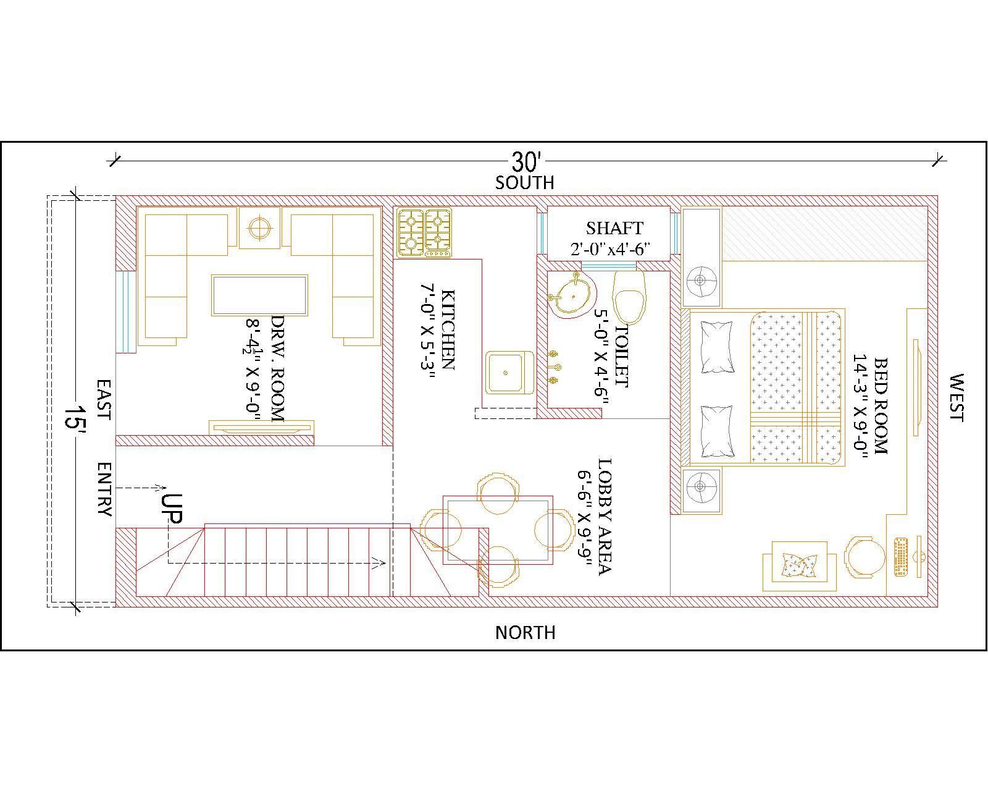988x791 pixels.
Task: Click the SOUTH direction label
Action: [524, 183]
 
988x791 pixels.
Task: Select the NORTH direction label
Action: [525, 633]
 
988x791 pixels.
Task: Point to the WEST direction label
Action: [957, 397]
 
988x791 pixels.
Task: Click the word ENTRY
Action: [105, 489]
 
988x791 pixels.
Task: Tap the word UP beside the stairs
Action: [172, 509]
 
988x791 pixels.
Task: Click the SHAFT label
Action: [614, 228]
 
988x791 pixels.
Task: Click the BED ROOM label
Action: [881, 406]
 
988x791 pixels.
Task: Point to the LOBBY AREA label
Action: [605, 516]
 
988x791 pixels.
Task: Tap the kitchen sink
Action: [509, 373]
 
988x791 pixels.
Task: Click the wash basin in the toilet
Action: [571, 295]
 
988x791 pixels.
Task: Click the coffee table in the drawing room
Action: [259, 295]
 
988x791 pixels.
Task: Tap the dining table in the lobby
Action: [498, 530]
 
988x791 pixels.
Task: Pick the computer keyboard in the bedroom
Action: [901, 556]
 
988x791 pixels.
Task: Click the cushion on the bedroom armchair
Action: [799, 565]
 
